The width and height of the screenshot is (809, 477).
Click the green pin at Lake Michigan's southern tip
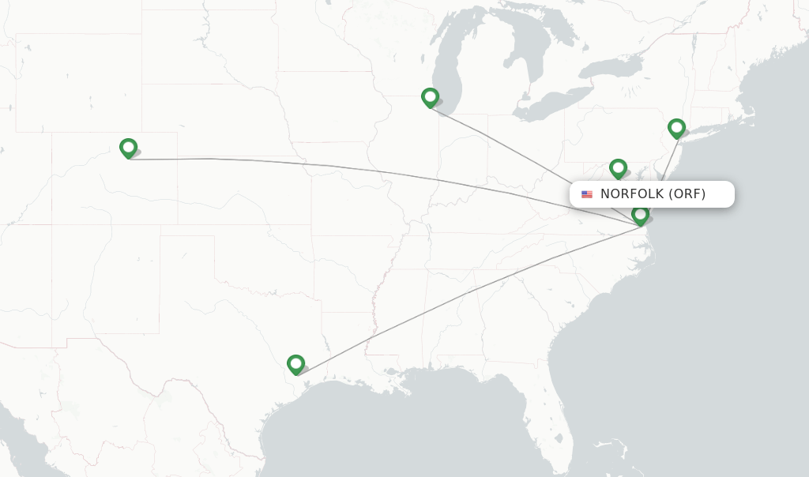pos(430,97)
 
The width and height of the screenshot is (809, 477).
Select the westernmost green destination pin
pos(128,148)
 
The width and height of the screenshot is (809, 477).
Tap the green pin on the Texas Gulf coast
pos(295,364)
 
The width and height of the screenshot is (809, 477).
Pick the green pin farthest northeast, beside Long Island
pos(676,128)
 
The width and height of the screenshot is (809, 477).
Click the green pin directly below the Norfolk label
pos(641,215)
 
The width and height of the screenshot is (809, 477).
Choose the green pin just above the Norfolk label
pos(618,168)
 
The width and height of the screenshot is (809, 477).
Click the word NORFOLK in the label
pos(632,193)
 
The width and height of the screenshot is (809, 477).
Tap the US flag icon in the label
pos(587,194)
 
